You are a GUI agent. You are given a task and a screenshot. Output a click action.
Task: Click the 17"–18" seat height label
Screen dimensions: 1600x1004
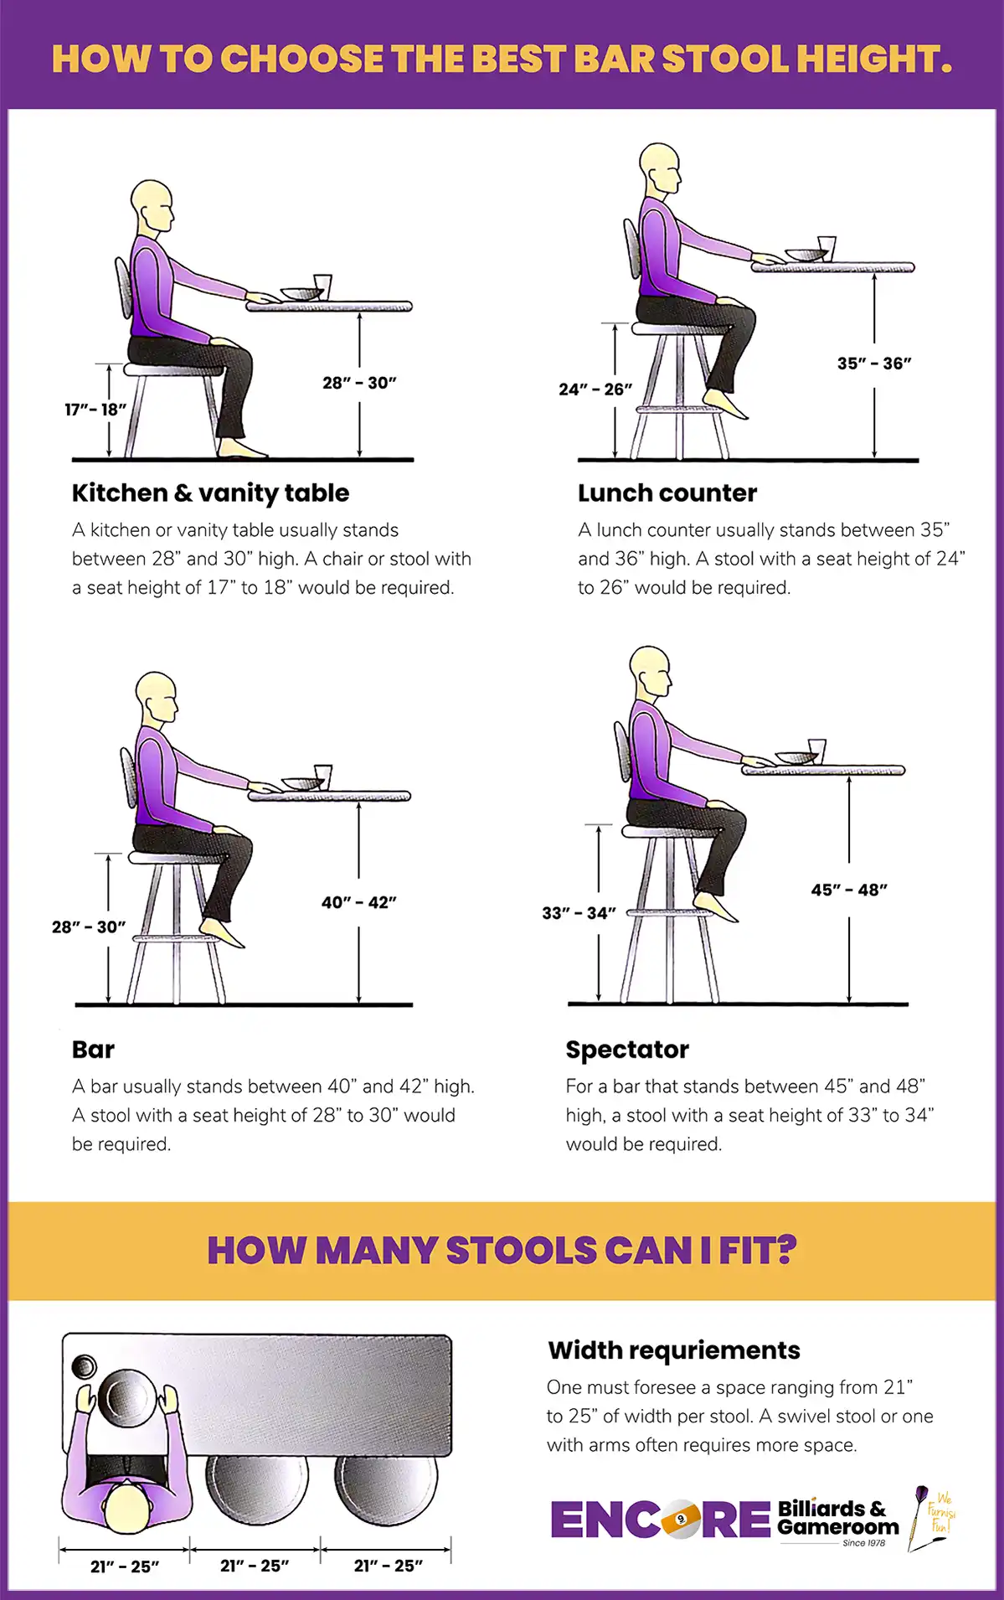95,410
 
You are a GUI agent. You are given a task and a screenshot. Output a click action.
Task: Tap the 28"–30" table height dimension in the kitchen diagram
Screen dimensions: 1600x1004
359,383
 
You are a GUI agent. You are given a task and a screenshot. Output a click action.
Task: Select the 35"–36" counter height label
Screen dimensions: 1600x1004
874,364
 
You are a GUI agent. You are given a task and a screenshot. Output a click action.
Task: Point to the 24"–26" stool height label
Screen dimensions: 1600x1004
595,390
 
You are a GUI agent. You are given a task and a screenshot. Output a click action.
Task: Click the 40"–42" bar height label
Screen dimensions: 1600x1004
358,902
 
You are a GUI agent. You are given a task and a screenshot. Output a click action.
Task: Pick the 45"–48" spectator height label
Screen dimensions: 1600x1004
849,890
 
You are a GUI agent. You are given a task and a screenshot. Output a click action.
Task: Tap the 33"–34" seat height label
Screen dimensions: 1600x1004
579,913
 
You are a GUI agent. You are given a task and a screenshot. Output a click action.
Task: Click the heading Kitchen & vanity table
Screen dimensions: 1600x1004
210,493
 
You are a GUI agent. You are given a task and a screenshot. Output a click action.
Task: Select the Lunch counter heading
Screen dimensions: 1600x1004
667,493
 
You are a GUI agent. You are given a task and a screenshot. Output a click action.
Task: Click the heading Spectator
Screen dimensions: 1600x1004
627,1049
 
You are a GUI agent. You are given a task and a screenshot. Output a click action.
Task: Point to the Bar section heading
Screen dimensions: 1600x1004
93,1049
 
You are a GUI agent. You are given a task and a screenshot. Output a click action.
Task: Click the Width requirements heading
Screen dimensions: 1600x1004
673,1350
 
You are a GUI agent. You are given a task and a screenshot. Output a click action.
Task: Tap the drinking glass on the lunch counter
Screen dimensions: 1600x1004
826,248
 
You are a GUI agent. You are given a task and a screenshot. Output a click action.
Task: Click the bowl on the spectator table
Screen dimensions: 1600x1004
795,757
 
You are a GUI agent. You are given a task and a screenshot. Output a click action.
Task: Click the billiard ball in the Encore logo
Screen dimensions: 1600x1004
681,1519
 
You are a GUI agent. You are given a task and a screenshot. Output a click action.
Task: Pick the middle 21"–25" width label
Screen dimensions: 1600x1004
255,1566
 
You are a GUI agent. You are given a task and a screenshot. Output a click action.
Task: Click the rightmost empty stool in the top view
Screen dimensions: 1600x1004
386,1489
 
